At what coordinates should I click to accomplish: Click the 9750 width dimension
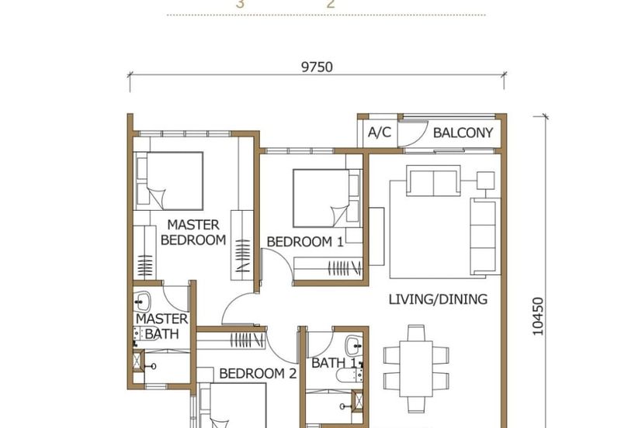coord(317,67)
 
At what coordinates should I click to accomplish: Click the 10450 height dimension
coord(538,316)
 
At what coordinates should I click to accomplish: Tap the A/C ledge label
coord(380,133)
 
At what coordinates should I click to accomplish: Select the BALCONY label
coord(463,133)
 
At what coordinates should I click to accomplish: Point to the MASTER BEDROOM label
coord(193,232)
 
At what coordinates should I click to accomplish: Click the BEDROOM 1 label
coord(305,242)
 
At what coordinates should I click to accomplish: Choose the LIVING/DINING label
coord(438,299)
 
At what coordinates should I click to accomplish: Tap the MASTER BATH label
coord(161,326)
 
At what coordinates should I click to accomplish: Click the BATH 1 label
coord(334,363)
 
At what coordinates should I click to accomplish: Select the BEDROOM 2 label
coord(258,374)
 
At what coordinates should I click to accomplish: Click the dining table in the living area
coord(416,368)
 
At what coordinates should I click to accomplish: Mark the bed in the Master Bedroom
coord(169,181)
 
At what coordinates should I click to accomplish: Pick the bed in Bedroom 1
coord(327,198)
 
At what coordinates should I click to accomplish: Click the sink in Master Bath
coord(142,302)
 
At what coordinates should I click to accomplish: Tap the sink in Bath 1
coord(354,346)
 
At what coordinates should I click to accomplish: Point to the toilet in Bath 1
coord(347,375)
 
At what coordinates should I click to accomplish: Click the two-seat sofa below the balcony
coord(433,181)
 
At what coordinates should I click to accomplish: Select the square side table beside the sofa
coord(486,181)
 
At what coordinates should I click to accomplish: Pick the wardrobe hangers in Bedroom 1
coord(345,268)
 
